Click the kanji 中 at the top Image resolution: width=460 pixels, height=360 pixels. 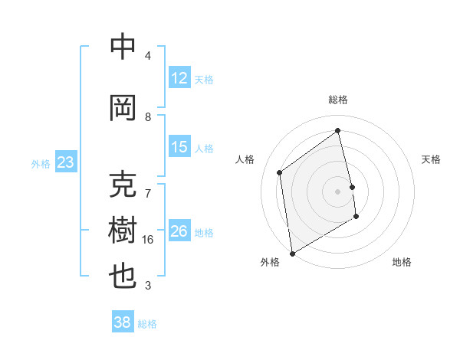coord(123,47)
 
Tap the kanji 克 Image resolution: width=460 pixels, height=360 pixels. coord(123,185)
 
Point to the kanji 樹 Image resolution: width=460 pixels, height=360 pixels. coord(123,230)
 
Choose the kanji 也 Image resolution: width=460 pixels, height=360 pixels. coord(123,277)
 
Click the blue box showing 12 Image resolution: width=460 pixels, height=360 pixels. coord(179,78)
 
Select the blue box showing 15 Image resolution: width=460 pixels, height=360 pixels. coord(179,147)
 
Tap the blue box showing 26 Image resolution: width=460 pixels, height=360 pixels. coord(179,231)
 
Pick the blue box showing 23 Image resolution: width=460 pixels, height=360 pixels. coord(65,162)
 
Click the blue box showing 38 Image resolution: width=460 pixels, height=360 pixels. coord(122,323)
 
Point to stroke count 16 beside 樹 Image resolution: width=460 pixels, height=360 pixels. coord(148,240)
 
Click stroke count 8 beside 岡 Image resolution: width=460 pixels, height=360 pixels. coord(148,116)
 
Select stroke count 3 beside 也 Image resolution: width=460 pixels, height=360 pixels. coord(148,286)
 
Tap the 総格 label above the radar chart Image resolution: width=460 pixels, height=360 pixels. coord(338,100)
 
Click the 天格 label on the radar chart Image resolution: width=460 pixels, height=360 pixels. coord(431,159)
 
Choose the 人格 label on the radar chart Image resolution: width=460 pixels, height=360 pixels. coord(245,159)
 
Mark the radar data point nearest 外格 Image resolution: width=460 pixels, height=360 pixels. coord(291,253)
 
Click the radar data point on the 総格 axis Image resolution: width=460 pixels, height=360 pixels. coord(338,130)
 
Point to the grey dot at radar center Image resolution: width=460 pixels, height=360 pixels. coord(338,191)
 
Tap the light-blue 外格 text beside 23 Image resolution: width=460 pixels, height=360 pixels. coord(40,163)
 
